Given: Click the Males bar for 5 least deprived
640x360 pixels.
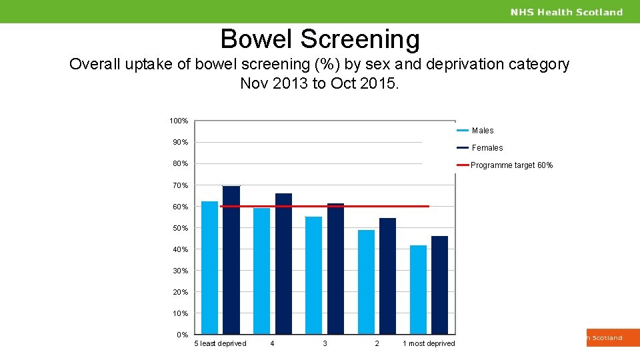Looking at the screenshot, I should point(209,267).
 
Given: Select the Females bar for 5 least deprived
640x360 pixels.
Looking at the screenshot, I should point(231,260).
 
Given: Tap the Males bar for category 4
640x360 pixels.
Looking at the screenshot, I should point(262,271).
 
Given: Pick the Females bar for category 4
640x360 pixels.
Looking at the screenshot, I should point(283,263).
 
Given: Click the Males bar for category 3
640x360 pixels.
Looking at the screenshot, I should point(313,275).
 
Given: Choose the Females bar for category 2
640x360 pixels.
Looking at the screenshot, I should point(387,276).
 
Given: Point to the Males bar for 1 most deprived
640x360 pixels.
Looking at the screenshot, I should point(418,289).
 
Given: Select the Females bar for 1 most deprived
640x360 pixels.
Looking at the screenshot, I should point(439,285).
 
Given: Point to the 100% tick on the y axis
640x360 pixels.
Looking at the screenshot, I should point(179,121).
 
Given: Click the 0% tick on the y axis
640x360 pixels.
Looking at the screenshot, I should point(182,335).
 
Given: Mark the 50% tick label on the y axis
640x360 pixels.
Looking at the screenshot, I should point(180,228).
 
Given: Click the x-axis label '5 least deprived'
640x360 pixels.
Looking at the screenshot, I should point(220,343).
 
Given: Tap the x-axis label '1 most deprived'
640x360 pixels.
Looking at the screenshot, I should point(429,343).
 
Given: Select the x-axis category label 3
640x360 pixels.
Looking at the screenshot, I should point(325,343).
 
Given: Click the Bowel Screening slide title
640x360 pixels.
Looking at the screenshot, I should point(320,39).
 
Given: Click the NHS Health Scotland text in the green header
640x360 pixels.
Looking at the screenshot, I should point(567,12).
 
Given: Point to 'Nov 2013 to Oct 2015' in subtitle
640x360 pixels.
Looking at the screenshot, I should point(319,83).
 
